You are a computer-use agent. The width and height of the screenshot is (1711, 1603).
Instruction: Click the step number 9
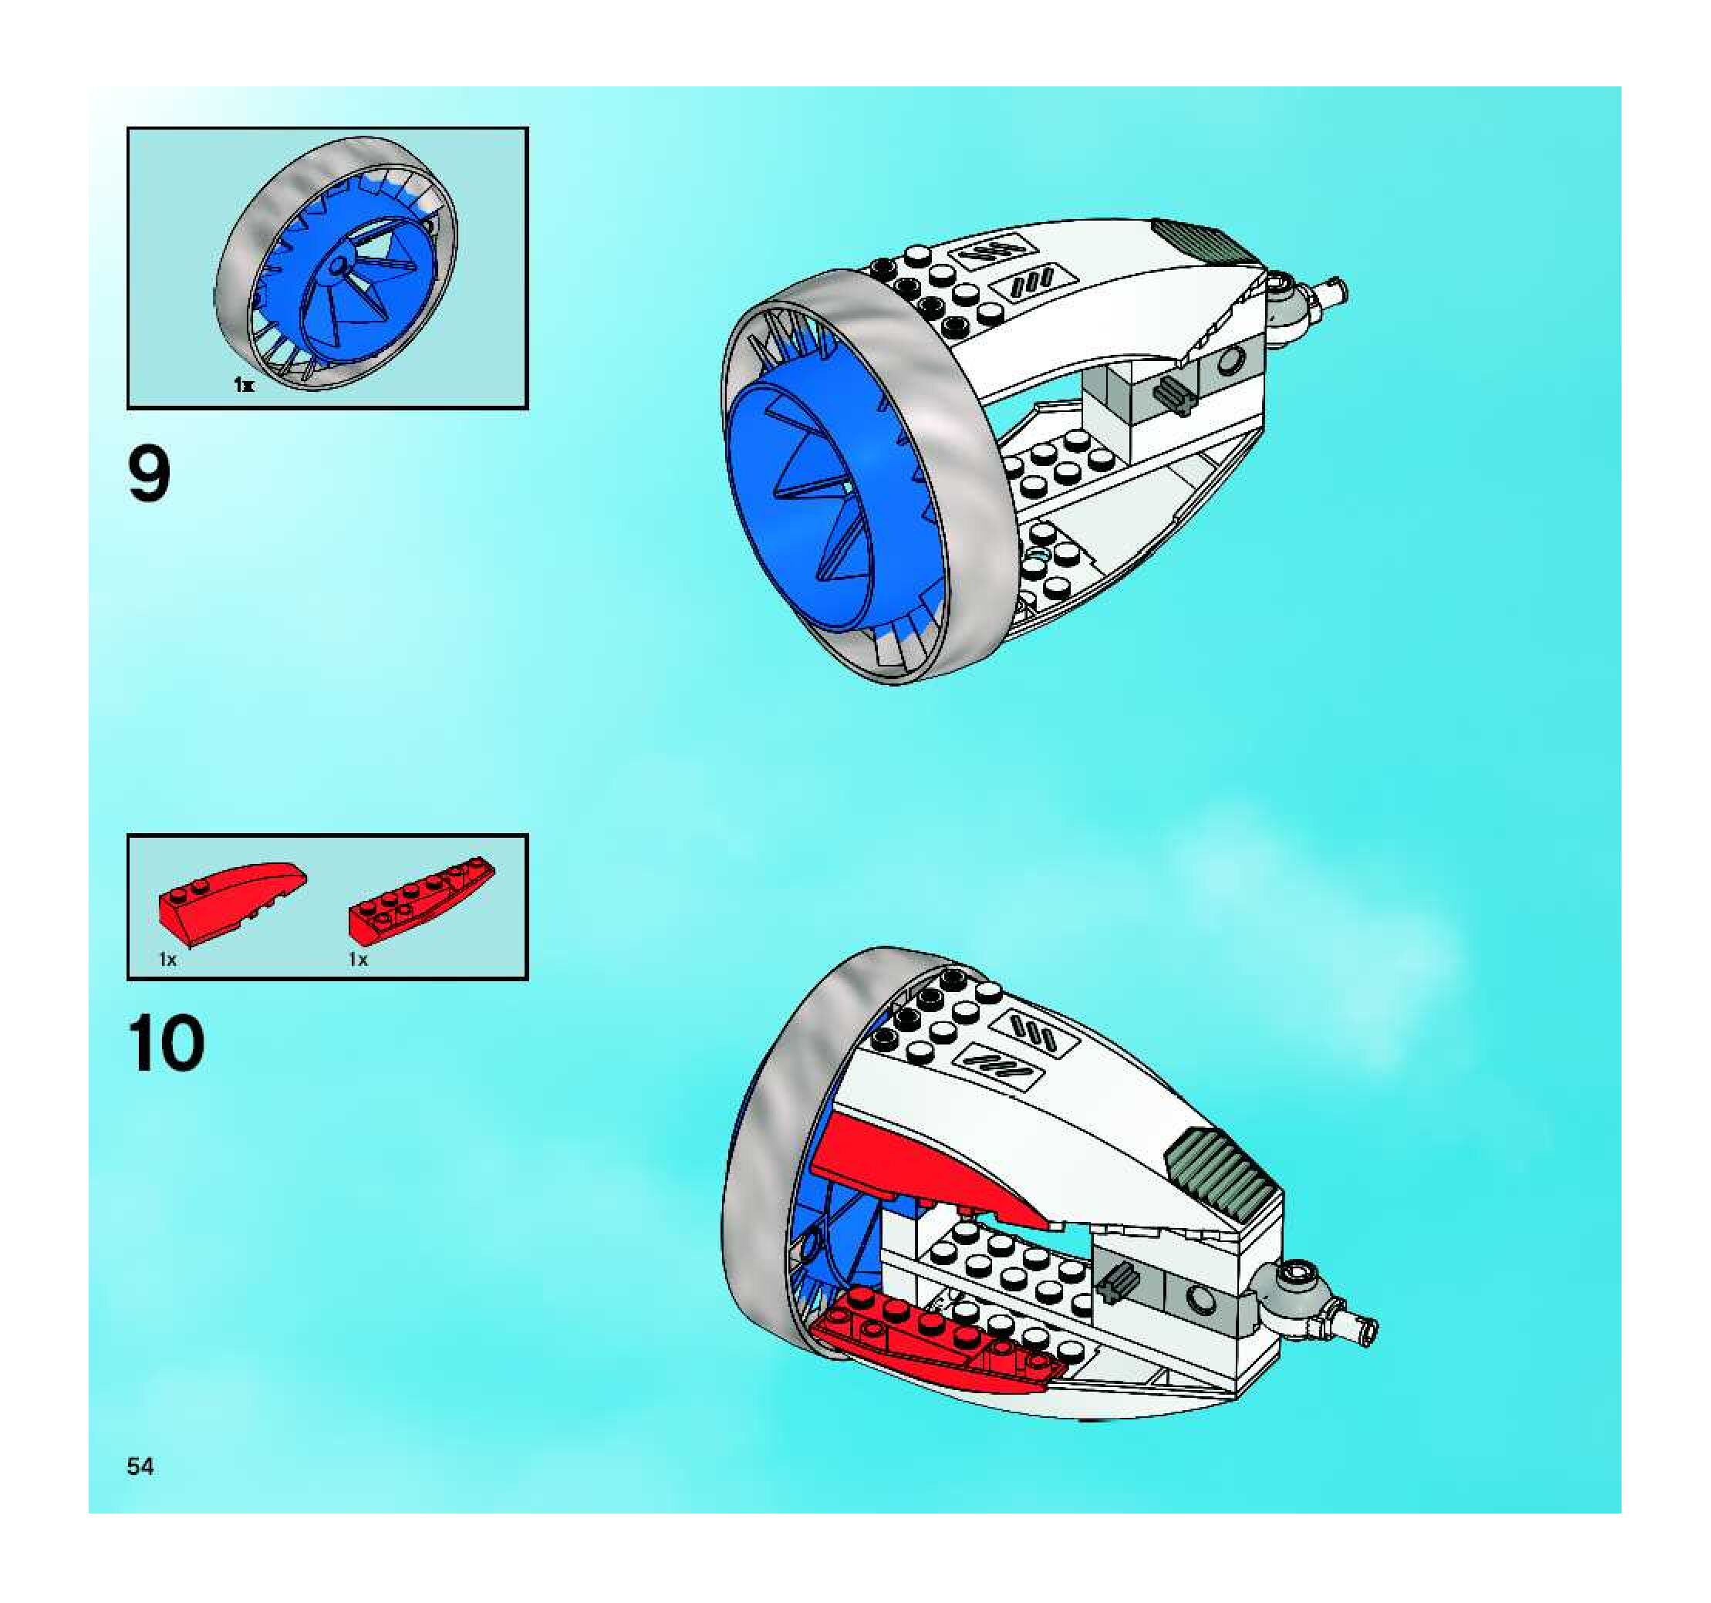point(149,473)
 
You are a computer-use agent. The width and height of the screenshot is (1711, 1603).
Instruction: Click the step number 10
point(167,1044)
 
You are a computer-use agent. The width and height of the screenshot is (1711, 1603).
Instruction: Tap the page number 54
point(140,1466)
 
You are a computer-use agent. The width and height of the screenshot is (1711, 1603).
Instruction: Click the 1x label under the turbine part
point(244,386)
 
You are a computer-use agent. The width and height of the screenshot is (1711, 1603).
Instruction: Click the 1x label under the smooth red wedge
point(168,959)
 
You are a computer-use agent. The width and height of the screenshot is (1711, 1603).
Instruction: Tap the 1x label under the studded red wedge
point(358,959)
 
